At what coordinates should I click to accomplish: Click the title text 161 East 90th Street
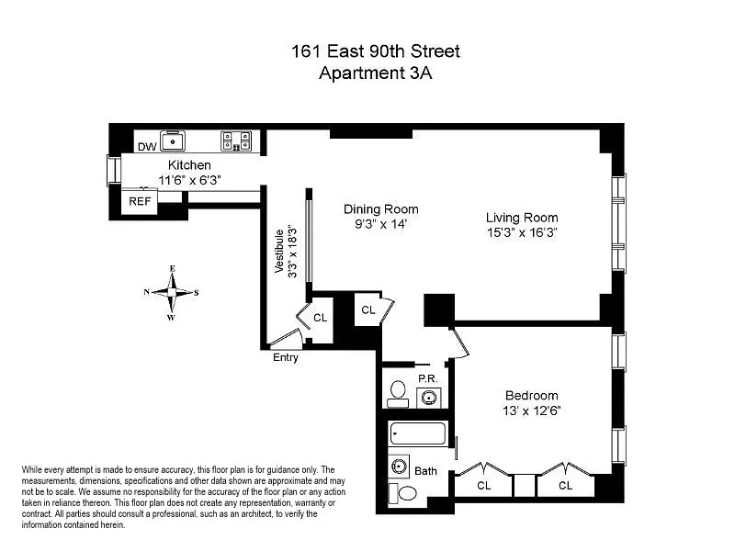click(374, 51)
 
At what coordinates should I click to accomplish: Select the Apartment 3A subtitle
click(374, 73)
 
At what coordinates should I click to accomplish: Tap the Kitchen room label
click(176, 165)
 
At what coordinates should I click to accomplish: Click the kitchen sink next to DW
click(172, 141)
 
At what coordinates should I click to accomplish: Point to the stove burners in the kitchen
click(236, 141)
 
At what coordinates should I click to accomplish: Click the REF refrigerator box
click(140, 200)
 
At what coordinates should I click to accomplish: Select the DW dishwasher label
click(147, 147)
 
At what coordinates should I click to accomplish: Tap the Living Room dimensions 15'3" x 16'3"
click(522, 233)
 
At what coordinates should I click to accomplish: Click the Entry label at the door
click(286, 357)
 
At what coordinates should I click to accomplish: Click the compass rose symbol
click(171, 293)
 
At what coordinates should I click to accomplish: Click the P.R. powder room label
click(426, 377)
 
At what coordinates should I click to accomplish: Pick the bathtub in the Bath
click(418, 433)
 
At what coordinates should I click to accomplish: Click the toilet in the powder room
click(399, 392)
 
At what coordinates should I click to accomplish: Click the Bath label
click(426, 471)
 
